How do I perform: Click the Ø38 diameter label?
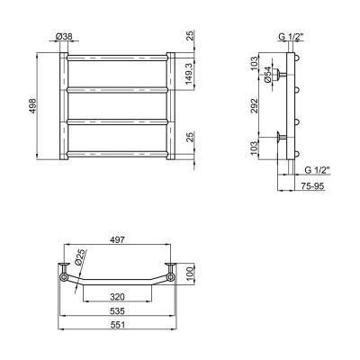(64, 36)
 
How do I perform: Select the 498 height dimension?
(32, 106)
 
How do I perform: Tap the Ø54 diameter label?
(267, 75)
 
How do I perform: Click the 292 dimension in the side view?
(254, 106)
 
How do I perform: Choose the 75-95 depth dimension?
(312, 186)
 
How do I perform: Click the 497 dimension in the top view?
(118, 239)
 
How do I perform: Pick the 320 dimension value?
(117, 297)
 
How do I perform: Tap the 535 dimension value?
(117, 311)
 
